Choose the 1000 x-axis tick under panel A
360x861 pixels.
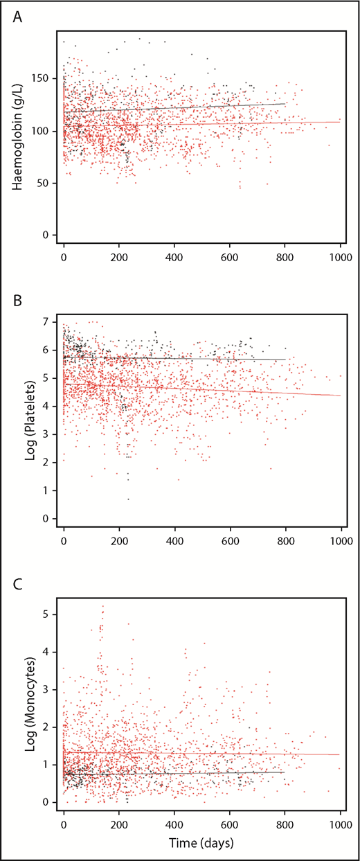pos(340,256)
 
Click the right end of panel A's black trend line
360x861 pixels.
pos(285,103)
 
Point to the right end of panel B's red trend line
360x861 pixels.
pos(340,396)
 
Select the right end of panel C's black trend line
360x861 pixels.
pos(285,772)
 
